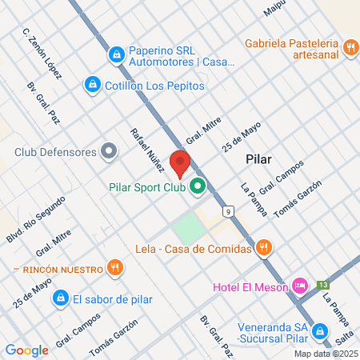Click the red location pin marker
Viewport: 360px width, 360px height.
tap(180, 164)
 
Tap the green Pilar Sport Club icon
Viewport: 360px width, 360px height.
tap(196, 188)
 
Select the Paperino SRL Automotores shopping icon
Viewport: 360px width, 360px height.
tap(117, 54)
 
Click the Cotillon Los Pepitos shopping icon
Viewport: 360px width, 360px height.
tap(92, 85)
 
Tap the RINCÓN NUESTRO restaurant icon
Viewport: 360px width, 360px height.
tap(116, 267)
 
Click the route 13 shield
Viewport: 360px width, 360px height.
tap(322, 284)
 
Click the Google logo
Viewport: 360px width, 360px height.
tap(26, 350)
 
